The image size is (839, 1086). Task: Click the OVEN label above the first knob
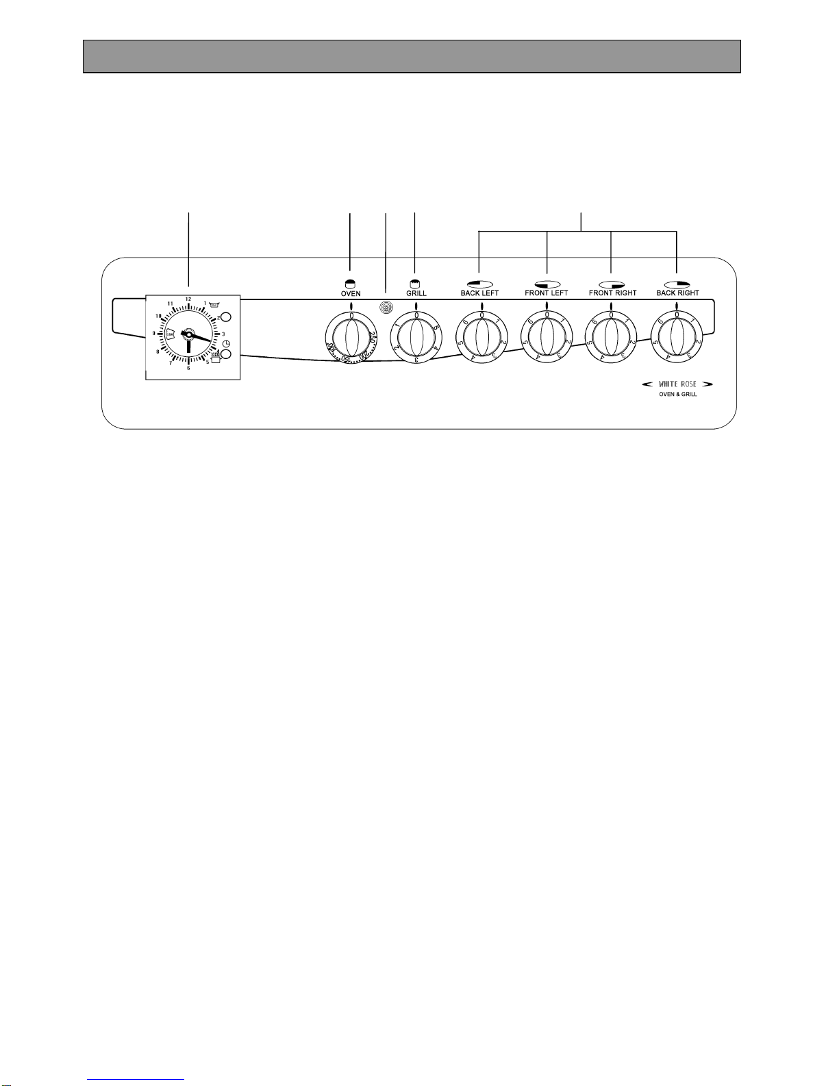pyautogui.click(x=351, y=293)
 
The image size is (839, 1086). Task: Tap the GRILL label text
pyautogui.click(x=416, y=293)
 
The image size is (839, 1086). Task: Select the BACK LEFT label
pyautogui.click(x=479, y=293)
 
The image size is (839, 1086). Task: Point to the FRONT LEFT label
pyautogui.click(x=547, y=293)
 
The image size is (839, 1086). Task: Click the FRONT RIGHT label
pyautogui.click(x=612, y=293)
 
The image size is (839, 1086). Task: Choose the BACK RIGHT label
pyautogui.click(x=677, y=293)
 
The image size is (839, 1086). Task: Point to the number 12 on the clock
pyautogui.click(x=188, y=299)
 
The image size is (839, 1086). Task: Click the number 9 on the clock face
pyautogui.click(x=154, y=333)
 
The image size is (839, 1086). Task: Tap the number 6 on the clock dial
pyautogui.click(x=188, y=368)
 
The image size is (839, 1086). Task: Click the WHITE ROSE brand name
pyautogui.click(x=677, y=384)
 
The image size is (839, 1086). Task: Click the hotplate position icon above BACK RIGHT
pyautogui.click(x=676, y=283)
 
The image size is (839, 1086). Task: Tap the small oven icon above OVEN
pyautogui.click(x=351, y=283)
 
